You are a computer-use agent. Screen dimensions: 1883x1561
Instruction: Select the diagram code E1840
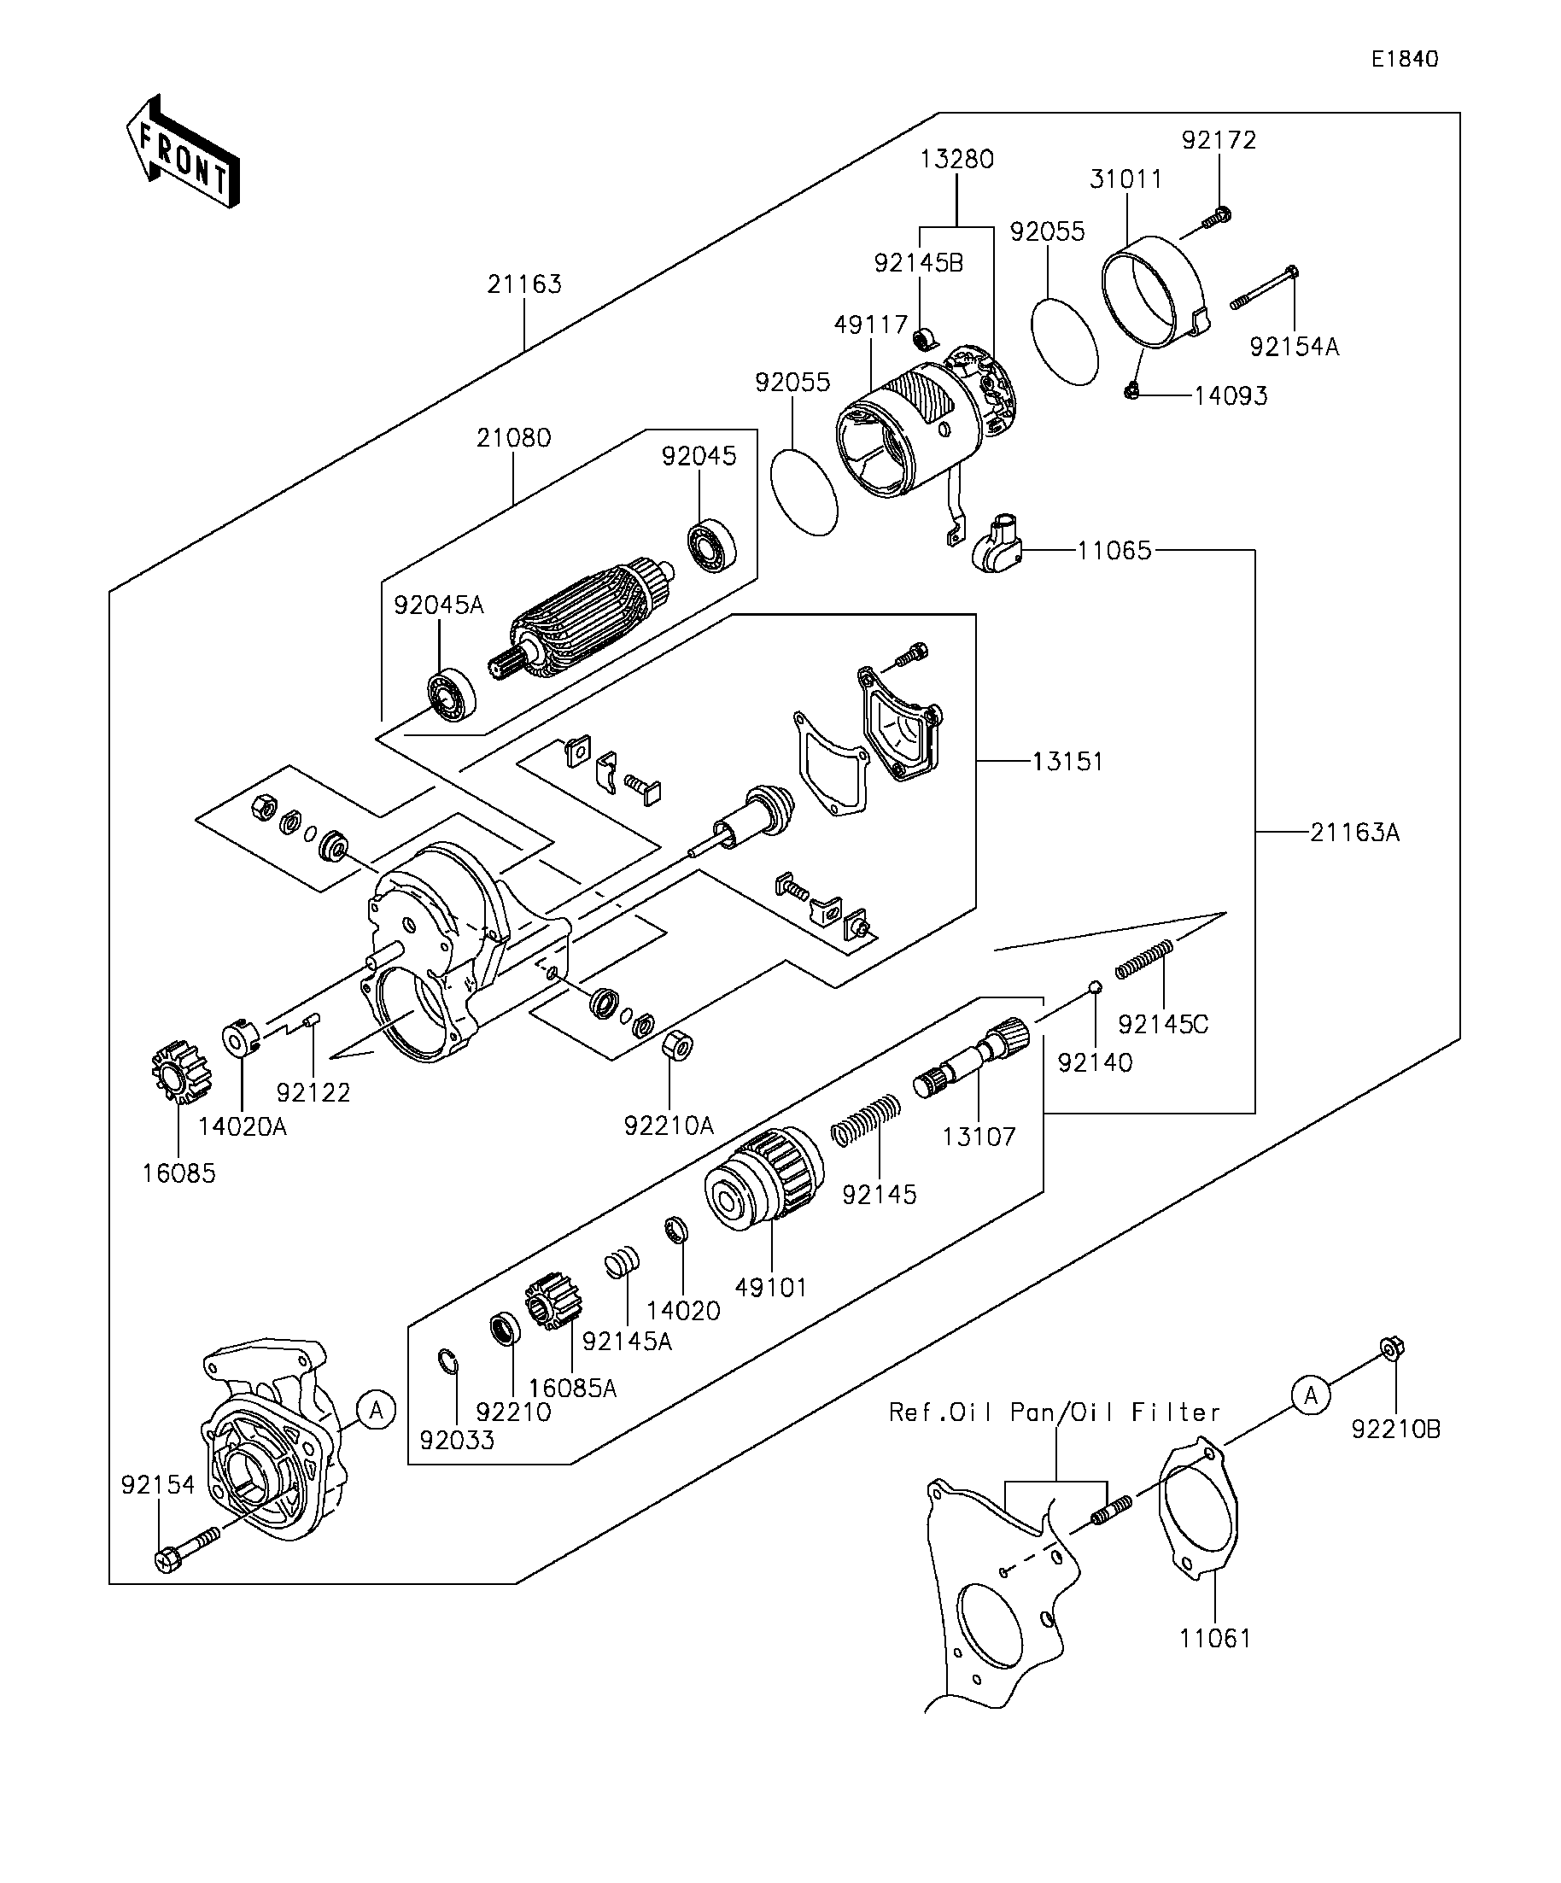(x=1404, y=59)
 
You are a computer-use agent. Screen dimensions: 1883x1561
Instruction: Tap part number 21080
(x=514, y=437)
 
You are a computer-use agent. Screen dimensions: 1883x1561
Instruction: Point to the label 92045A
(x=438, y=605)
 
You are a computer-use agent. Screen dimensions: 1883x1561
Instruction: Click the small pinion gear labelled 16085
(x=179, y=1072)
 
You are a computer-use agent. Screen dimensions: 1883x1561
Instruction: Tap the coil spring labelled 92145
(x=866, y=1120)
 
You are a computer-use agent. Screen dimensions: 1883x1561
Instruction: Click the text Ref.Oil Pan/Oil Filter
(x=1055, y=1412)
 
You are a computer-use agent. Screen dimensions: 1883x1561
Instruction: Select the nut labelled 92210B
(x=1393, y=1348)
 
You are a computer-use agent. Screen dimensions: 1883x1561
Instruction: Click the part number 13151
(x=1067, y=761)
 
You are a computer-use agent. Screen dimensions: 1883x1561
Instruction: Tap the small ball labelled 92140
(x=1094, y=987)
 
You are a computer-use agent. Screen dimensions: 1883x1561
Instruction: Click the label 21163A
(x=1353, y=832)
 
